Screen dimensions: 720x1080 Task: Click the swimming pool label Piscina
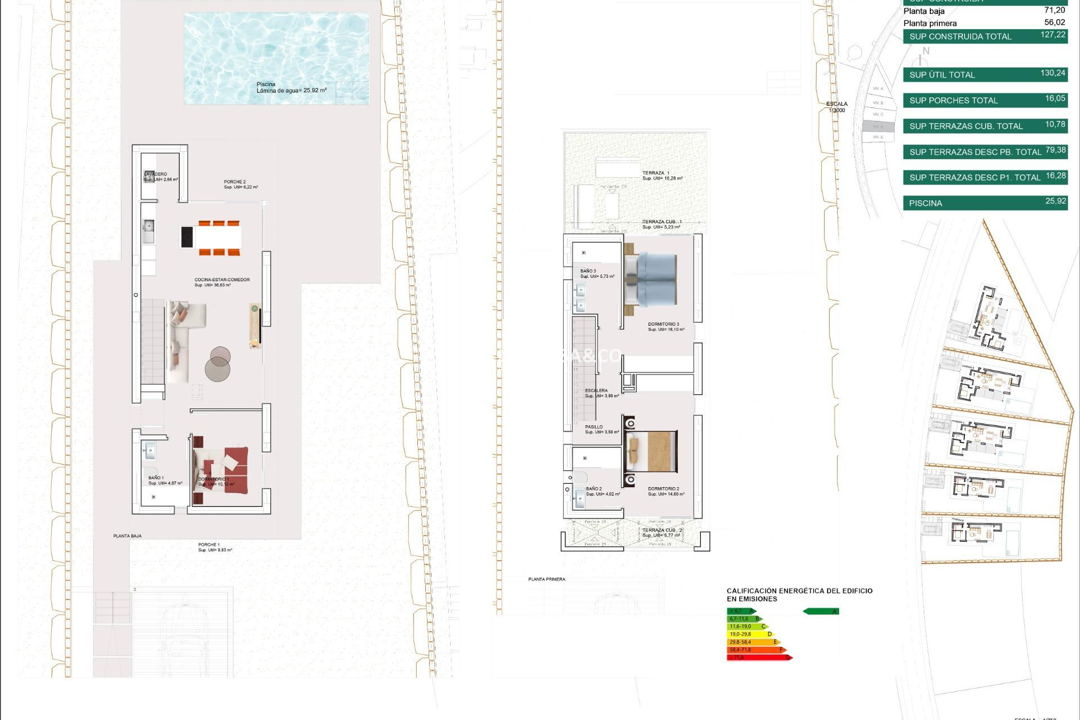[266, 84]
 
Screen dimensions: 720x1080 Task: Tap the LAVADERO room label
[156, 174]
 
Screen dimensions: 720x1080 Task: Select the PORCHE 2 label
[235, 182]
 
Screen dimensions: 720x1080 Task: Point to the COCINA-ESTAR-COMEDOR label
[222, 280]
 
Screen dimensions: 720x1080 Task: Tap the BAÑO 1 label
[156, 478]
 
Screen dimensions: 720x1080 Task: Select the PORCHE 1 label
[209, 544]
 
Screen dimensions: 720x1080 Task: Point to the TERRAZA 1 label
[656, 173]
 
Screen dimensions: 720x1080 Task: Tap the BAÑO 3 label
[588, 271]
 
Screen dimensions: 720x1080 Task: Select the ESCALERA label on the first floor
[596, 390]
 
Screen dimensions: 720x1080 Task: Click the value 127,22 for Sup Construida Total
[1052, 35]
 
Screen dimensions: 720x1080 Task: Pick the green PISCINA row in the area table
[984, 203]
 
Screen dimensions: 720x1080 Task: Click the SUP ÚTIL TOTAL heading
[942, 75]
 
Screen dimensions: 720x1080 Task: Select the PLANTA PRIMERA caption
[546, 579]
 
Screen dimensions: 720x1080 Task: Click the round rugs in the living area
[218, 364]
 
